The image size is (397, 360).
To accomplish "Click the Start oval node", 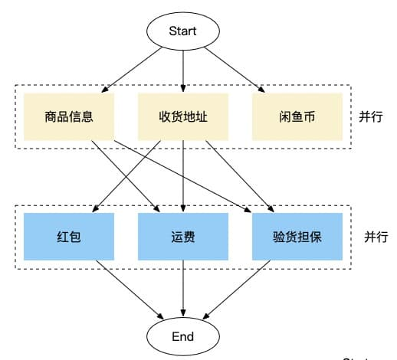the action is tap(183, 31).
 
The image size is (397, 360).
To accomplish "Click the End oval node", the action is tap(183, 336).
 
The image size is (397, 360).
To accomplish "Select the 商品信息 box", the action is tap(69, 117).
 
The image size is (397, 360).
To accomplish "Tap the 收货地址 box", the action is tap(183, 117).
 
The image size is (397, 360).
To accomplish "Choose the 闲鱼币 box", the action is tap(297, 117).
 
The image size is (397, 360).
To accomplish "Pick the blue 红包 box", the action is tap(69, 237).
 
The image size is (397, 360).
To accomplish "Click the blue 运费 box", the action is tap(183, 237).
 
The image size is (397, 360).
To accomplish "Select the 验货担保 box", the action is tap(297, 237).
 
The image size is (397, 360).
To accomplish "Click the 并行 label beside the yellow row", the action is tap(371, 117).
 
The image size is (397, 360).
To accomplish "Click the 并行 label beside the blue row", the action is tap(376, 237).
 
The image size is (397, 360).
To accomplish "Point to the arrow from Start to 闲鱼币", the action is tap(235, 70).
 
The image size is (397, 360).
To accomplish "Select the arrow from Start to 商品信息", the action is tap(132, 70).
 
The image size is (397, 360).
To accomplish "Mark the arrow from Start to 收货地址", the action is tap(183, 71).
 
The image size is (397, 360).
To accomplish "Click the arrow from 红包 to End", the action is tap(130, 290).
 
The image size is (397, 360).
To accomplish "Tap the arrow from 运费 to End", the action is tap(183, 289).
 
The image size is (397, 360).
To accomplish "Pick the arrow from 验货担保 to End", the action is tap(236, 290).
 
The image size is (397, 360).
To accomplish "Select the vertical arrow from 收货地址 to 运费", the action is tap(183, 176).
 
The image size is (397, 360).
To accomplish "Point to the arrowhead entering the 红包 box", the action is tap(95, 208).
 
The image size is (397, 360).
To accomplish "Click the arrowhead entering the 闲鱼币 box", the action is tap(261, 89).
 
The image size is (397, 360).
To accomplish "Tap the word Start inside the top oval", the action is tap(182, 31).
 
